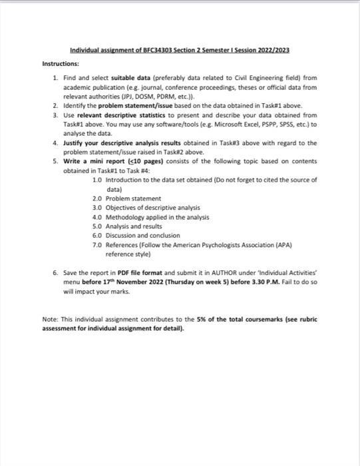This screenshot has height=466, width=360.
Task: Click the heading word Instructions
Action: (61, 64)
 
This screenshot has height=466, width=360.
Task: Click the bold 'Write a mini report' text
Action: (94, 161)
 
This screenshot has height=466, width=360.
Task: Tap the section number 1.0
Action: (97, 180)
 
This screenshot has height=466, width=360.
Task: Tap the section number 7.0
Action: (97, 245)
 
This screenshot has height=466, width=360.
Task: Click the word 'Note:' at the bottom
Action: (51, 320)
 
